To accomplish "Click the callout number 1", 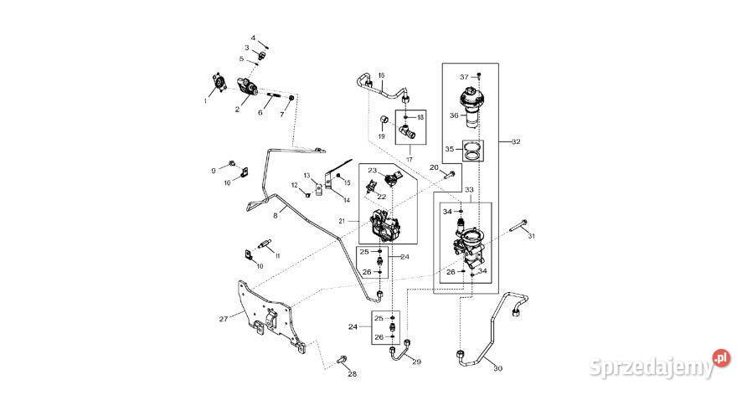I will click(x=204, y=100).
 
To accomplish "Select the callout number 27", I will click(x=224, y=319).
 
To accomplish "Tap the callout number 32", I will click(x=516, y=142).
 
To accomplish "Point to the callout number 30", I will click(x=497, y=368).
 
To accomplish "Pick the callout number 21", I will click(x=342, y=221).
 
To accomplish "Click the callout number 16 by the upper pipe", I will click(x=381, y=77).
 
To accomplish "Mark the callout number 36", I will click(x=453, y=115).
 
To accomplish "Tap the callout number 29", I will click(x=417, y=362).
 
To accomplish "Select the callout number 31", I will click(x=529, y=237).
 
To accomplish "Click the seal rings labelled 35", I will click(x=474, y=151).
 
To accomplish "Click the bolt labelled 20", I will click(x=450, y=175).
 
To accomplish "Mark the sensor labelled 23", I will click(x=391, y=178).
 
